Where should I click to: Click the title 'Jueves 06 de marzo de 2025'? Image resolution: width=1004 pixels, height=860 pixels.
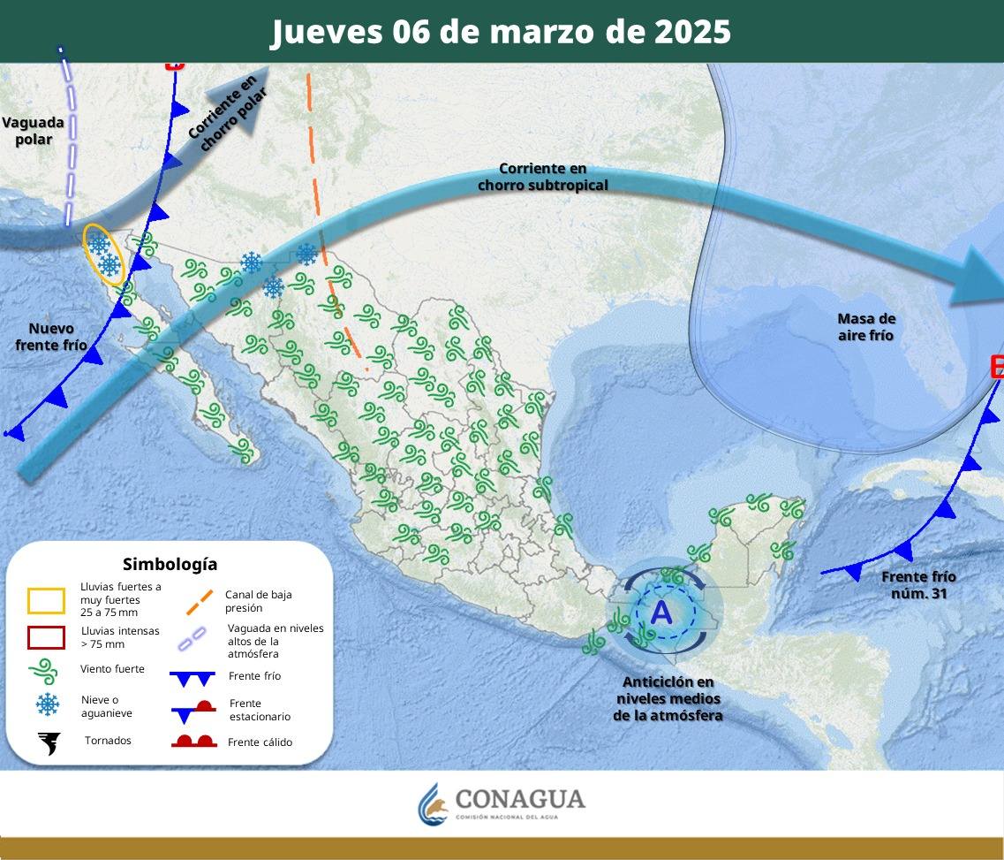coord(501,32)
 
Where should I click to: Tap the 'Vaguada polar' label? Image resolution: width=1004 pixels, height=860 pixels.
coord(33,131)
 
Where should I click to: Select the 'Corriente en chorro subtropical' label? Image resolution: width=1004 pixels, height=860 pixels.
coord(542,177)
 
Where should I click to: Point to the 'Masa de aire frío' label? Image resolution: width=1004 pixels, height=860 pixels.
coord(865,327)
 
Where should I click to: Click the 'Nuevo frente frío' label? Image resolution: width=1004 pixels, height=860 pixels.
coord(51,337)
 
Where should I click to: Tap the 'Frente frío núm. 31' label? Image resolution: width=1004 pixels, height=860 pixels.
coord(918,585)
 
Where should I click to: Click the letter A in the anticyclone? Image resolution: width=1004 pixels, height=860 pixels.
coord(661,611)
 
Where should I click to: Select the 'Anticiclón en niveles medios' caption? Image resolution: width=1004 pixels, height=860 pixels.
coord(668,699)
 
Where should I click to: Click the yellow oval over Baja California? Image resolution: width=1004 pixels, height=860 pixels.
coord(104,255)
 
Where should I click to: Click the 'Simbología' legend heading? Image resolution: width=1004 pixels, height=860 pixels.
coord(170,564)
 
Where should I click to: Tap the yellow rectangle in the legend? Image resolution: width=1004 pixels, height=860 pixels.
coord(47,601)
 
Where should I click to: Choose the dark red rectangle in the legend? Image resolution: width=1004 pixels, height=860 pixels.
coord(47,638)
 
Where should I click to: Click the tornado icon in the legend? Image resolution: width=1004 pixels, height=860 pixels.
coord(49,742)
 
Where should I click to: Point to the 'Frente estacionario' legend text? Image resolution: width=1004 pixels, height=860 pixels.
coord(259,710)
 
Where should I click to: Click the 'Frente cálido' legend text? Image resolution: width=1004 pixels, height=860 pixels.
coord(260,742)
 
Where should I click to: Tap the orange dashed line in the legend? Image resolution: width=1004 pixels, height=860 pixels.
coord(199,603)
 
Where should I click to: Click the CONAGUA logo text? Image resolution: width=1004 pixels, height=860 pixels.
coord(519,799)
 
